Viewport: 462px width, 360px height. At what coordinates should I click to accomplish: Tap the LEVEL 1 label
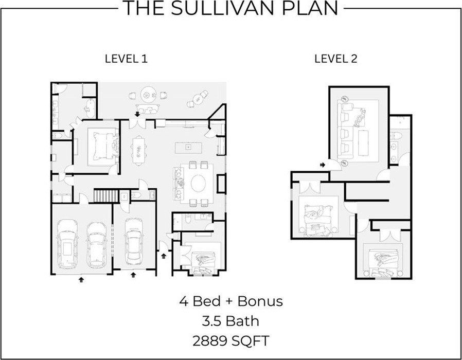click(x=126, y=59)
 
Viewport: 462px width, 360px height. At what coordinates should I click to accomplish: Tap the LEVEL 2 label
click(x=335, y=59)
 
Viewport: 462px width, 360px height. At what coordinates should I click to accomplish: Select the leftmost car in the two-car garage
click(x=68, y=245)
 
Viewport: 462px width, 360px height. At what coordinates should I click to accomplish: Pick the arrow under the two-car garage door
click(x=80, y=280)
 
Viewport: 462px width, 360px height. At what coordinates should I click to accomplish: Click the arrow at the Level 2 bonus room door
click(x=322, y=165)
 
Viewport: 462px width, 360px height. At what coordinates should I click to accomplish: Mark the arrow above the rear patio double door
click(x=137, y=113)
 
